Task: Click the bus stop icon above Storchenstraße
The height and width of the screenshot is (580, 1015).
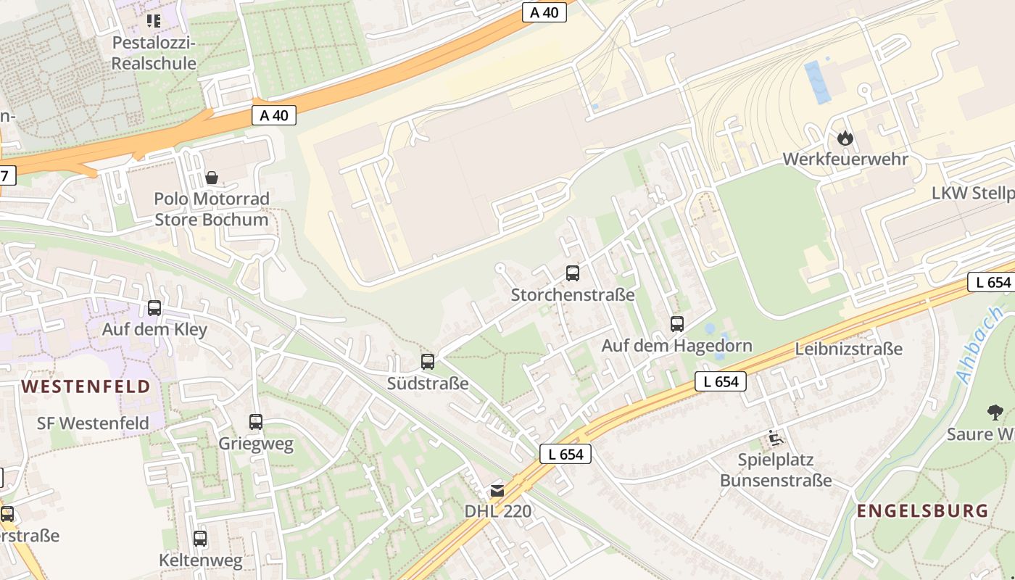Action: pyautogui.click(x=573, y=273)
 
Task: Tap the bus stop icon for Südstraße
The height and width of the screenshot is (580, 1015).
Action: pyautogui.click(x=428, y=361)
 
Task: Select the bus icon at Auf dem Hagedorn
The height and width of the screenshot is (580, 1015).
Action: pyautogui.click(x=677, y=324)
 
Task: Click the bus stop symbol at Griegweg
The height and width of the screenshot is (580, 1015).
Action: pyautogui.click(x=256, y=422)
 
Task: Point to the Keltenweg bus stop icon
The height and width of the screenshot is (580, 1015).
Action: pyautogui.click(x=200, y=539)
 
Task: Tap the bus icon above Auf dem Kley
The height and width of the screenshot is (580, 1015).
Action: pyautogui.click(x=154, y=308)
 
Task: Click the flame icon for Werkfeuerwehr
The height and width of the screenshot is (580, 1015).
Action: pyautogui.click(x=845, y=138)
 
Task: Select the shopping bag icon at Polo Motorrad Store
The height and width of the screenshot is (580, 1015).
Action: pyautogui.click(x=212, y=177)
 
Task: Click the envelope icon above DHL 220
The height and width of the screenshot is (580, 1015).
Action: pyautogui.click(x=497, y=490)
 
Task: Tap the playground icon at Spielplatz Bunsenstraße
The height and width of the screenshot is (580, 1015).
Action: pyautogui.click(x=775, y=438)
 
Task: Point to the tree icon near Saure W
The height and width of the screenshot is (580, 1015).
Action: pyautogui.click(x=995, y=413)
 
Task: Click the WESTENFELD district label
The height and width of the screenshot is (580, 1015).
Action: pyautogui.click(x=86, y=386)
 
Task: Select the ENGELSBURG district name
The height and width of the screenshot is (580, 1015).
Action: pyautogui.click(x=922, y=510)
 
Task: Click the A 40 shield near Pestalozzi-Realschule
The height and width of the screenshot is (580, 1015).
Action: pyautogui.click(x=275, y=115)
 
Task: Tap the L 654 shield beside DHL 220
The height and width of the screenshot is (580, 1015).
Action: pyautogui.click(x=565, y=455)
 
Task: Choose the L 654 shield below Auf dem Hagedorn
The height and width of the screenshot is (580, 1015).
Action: pyautogui.click(x=721, y=381)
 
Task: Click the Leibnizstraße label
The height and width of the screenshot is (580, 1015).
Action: pyautogui.click(x=848, y=349)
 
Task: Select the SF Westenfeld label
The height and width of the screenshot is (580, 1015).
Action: pyautogui.click(x=93, y=423)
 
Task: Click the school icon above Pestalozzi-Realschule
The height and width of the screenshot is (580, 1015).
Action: pyautogui.click(x=154, y=20)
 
